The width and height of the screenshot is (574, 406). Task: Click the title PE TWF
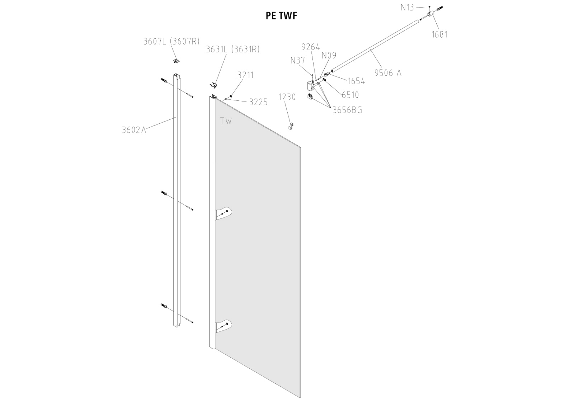point(282,16)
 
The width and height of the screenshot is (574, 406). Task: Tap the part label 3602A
point(134,130)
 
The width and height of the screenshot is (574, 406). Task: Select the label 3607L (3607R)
point(171,41)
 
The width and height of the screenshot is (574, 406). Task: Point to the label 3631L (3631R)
point(232,49)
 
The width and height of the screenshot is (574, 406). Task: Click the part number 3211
point(245,75)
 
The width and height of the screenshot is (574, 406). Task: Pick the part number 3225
point(258,102)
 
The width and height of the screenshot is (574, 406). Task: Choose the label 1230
point(287,97)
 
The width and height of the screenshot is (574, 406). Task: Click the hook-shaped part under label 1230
point(291,126)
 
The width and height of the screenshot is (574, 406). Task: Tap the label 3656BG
point(347,110)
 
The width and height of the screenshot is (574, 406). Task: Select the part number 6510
point(350,95)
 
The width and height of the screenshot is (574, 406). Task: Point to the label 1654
point(356,81)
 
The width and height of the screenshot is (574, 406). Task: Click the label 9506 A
point(388,73)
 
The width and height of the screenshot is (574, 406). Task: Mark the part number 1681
point(439,34)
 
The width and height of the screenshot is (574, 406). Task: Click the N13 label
point(407,8)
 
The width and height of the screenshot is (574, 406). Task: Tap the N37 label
point(297,61)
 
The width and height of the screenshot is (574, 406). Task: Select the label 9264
point(310,47)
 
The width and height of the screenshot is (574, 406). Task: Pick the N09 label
point(329,55)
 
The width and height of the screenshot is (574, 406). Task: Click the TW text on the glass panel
point(226,121)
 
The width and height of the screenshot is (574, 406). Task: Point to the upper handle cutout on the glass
point(224,213)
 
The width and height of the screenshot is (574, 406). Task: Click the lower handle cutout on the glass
point(224,325)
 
